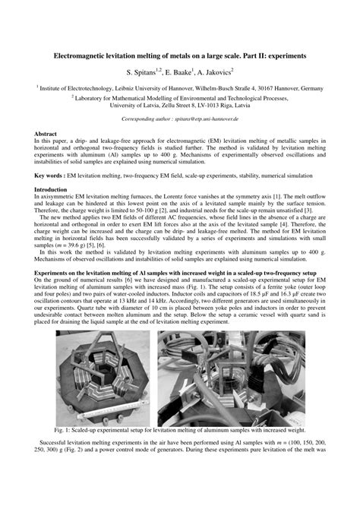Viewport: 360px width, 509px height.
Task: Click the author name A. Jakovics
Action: tap(215, 71)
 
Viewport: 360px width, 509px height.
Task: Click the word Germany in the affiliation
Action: tap(310, 88)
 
